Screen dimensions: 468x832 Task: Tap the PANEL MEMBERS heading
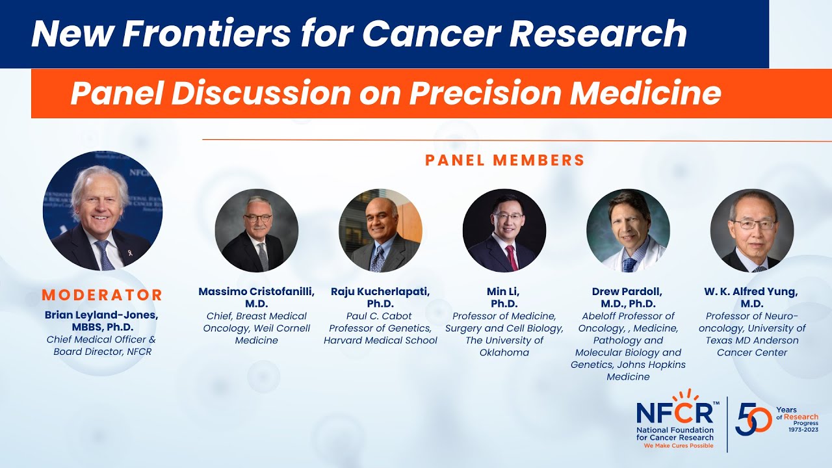coord(504,160)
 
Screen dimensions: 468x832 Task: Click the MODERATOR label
coord(102,295)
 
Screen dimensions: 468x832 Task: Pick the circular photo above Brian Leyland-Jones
coord(102,211)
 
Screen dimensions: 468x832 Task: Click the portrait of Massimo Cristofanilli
coord(256,231)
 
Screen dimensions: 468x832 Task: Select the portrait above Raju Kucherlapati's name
coord(380,231)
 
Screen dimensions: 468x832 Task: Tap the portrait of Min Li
coord(504,231)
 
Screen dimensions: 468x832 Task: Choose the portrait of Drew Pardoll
coord(628,231)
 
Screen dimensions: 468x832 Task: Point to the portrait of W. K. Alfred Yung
coord(751,231)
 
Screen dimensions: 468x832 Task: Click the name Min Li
coord(504,292)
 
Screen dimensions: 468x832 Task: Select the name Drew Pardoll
coord(628,292)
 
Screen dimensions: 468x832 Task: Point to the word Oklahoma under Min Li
coord(504,352)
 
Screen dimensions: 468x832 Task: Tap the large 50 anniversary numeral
coord(754,419)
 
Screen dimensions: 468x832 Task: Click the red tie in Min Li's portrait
coord(512,258)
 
